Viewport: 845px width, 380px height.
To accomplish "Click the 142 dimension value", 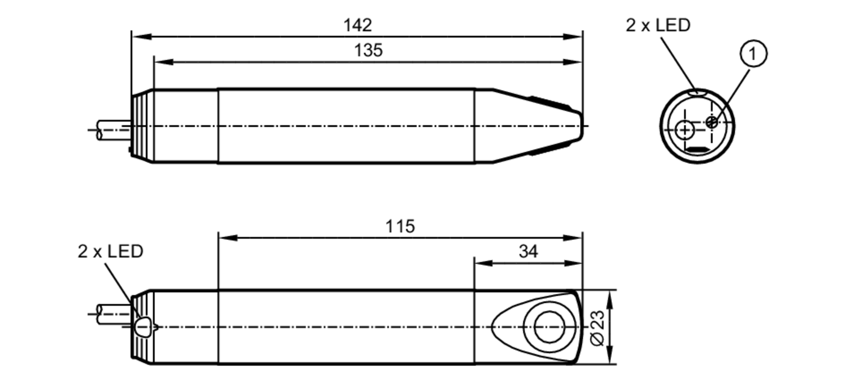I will tap(357, 25).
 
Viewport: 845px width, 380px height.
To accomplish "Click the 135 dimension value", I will tap(368, 50).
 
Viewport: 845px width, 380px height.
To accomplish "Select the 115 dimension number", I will tap(400, 227).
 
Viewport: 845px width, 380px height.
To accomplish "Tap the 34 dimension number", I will tap(528, 252).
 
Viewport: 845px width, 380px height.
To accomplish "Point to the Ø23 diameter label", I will tap(597, 328).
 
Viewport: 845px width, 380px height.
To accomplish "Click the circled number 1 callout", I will tap(753, 54).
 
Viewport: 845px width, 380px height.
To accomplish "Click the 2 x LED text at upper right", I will tap(658, 25).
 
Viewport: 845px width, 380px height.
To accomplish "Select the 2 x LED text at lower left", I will tap(110, 252).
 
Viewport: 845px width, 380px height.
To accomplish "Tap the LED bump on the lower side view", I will tap(143, 326).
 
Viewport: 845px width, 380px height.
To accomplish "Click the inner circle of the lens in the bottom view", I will tap(549, 327).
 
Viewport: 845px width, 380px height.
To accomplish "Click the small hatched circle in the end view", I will tap(712, 123).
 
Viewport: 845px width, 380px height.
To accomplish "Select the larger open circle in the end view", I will tap(684, 130).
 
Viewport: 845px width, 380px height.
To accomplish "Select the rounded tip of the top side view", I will tap(580, 126).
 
